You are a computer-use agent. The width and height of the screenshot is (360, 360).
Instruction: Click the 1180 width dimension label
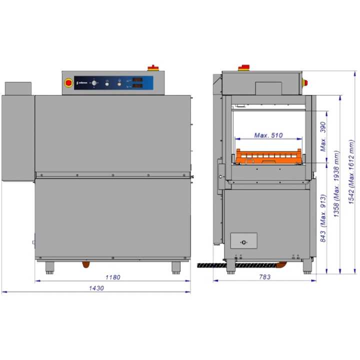(x=113, y=277)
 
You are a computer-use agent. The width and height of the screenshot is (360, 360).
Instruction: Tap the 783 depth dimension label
(x=264, y=277)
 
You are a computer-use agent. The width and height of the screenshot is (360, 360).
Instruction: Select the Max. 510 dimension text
(x=268, y=135)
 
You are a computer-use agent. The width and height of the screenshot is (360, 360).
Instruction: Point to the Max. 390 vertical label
(x=323, y=136)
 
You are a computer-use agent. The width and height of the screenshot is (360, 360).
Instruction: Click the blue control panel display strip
(x=113, y=83)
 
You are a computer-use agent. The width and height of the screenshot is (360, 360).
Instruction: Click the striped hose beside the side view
(x=210, y=263)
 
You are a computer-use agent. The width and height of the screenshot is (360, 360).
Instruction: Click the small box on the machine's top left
(x=18, y=88)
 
